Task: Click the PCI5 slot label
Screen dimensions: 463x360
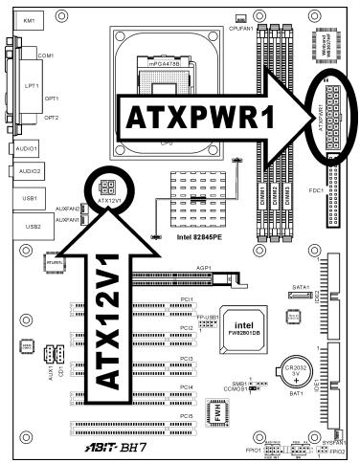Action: [187, 415]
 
